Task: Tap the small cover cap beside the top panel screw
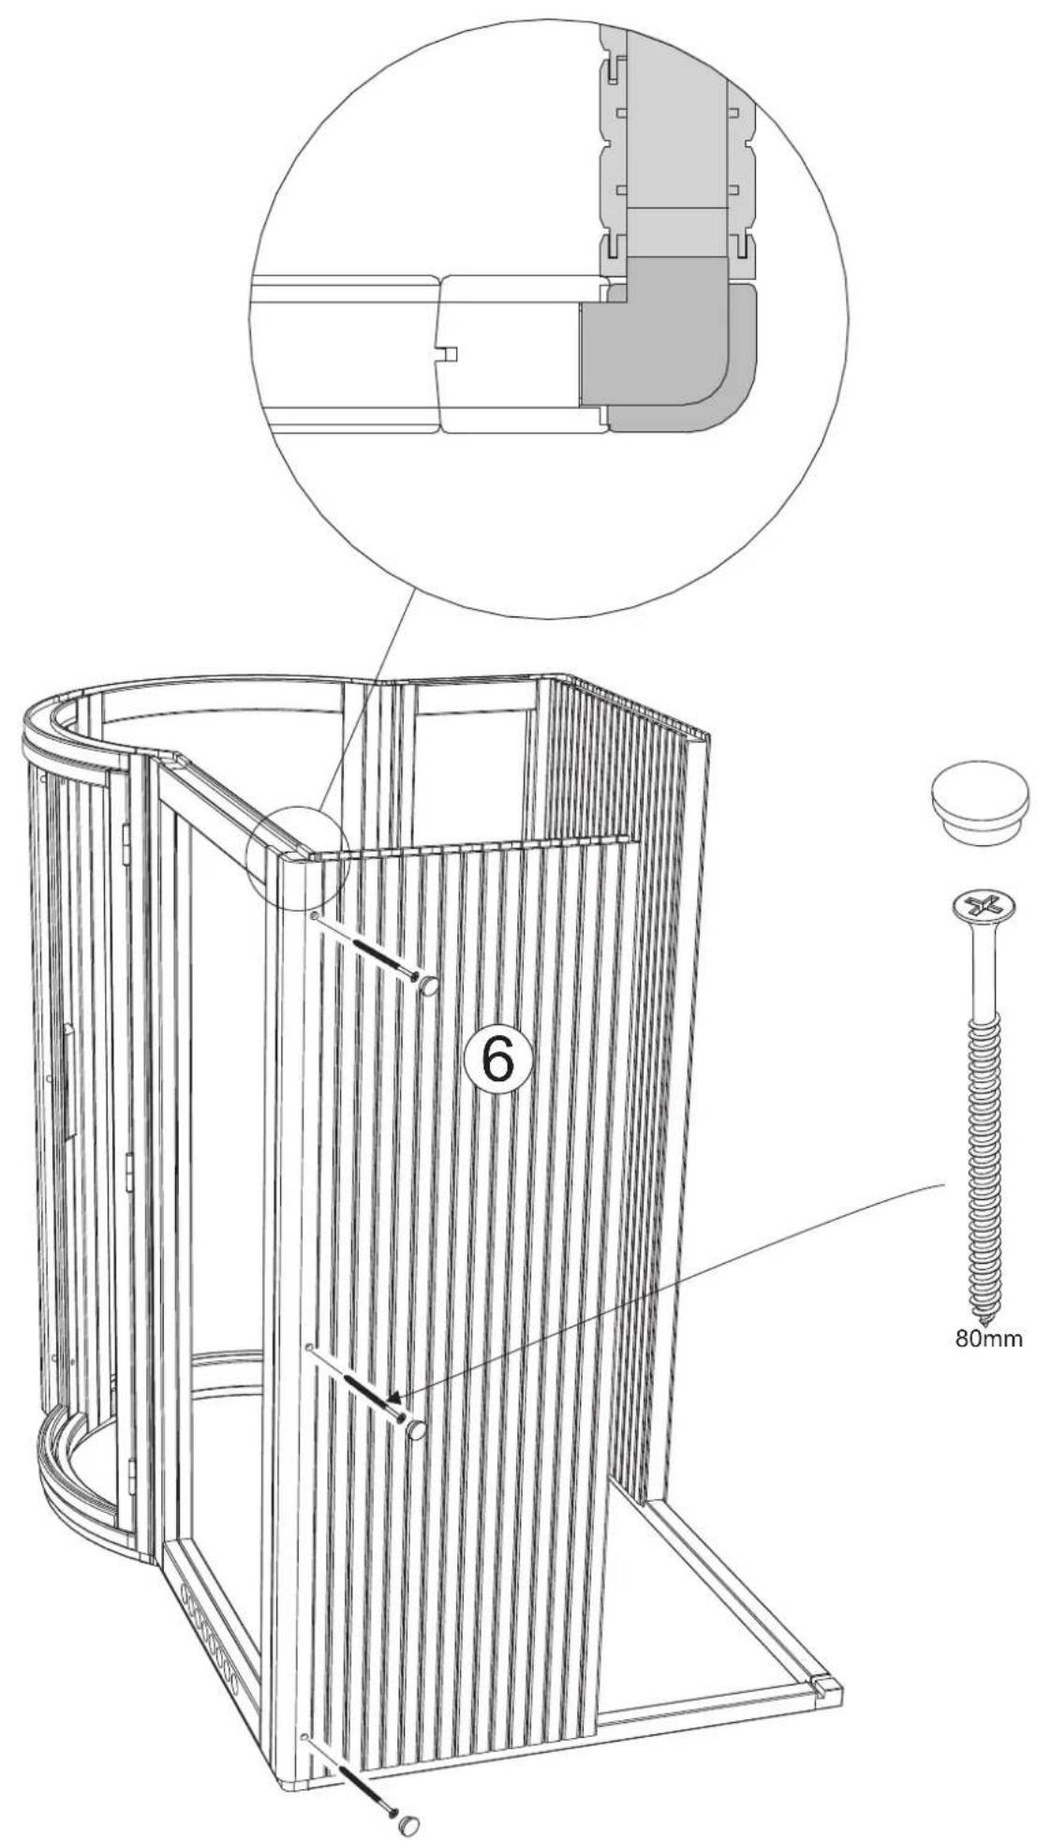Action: (x=428, y=985)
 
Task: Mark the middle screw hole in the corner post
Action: (x=308, y=1346)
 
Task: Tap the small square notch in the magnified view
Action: (x=448, y=353)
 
